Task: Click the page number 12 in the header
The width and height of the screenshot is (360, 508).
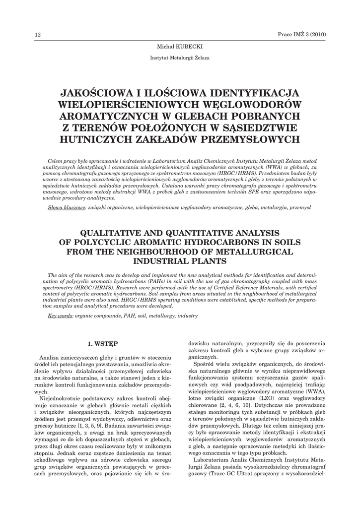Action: click(x=37, y=34)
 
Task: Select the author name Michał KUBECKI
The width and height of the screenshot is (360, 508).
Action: click(x=180, y=46)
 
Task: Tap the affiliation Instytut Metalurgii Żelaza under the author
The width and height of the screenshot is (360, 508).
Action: click(x=180, y=58)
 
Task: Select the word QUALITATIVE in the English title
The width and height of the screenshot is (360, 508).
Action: click(x=111, y=233)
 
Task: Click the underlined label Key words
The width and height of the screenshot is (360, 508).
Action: click(x=60, y=316)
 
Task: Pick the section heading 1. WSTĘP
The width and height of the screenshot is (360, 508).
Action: click(x=103, y=343)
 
